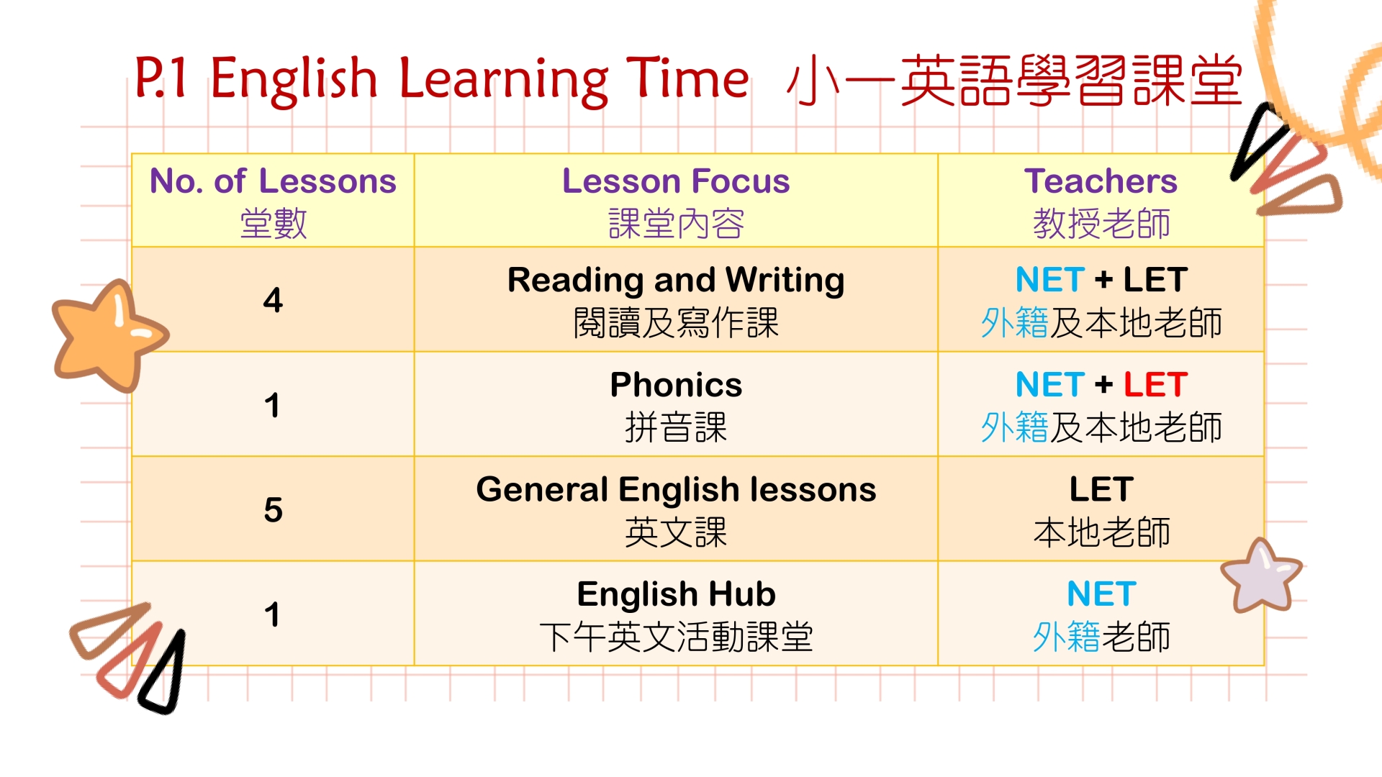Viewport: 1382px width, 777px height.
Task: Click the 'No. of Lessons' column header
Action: pyautogui.click(x=273, y=181)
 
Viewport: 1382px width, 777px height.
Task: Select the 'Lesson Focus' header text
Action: pyautogui.click(x=676, y=181)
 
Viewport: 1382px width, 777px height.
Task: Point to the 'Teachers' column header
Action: pyautogui.click(x=1101, y=181)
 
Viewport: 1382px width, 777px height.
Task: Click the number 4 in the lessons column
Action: pyautogui.click(x=273, y=300)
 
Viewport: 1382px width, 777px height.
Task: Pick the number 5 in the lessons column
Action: pyautogui.click(x=273, y=510)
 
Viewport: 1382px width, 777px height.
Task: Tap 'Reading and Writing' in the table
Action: pyautogui.click(x=676, y=281)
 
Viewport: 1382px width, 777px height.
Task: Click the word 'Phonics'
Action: pyautogui.click(x=676, y=385)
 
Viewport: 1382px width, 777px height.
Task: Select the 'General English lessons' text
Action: pyautogui.click(x=676, y=491)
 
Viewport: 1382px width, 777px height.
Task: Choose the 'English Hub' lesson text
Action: pyautogui.click(x=676, y=595)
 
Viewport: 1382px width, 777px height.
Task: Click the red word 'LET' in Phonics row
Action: pyautogui.click(x=1155, y=385)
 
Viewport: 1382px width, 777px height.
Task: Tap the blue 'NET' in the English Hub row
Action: pyautogui.click(x=1101, y=594)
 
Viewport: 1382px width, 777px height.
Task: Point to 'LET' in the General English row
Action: pyautogui.click(x=1101, y=489)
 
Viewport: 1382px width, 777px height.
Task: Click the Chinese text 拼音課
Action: pyautogui.click(x=676, y=427)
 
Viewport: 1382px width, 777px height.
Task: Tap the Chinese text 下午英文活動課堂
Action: pyautogui.click(x=676, y=637)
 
